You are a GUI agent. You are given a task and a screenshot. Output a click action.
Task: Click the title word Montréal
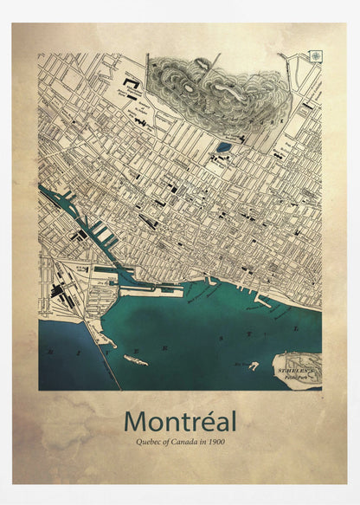coord(179,421)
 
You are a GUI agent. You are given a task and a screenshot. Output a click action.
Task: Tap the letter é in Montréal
coord(203,421)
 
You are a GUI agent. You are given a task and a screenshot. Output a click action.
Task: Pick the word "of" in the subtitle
coord(158,443)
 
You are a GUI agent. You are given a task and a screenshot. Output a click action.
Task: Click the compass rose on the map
coord(315,56)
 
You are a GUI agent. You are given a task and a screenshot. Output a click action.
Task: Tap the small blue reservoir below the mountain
coord(224,147)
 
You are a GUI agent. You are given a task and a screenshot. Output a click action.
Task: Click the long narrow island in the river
coord(135,359)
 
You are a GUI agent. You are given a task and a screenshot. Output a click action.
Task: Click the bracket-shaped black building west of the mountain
coord(131,83)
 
